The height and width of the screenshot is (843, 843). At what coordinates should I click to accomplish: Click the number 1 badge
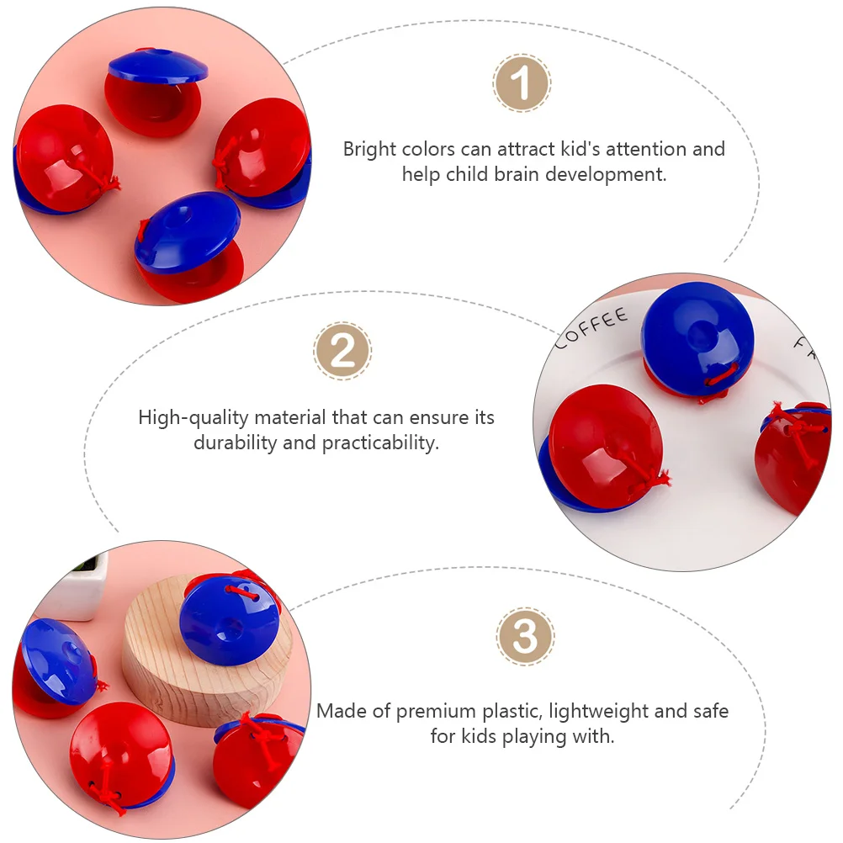point(521,82)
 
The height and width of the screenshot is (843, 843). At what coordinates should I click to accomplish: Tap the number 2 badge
point(342,351)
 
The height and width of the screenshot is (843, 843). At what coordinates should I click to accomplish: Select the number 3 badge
point(525,637)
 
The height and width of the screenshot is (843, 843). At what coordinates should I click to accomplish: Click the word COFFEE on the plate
point(591,327)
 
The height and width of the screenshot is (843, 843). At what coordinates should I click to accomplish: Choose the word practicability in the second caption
point(380,443)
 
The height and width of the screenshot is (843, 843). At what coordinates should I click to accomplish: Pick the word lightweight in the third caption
point(598,712)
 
